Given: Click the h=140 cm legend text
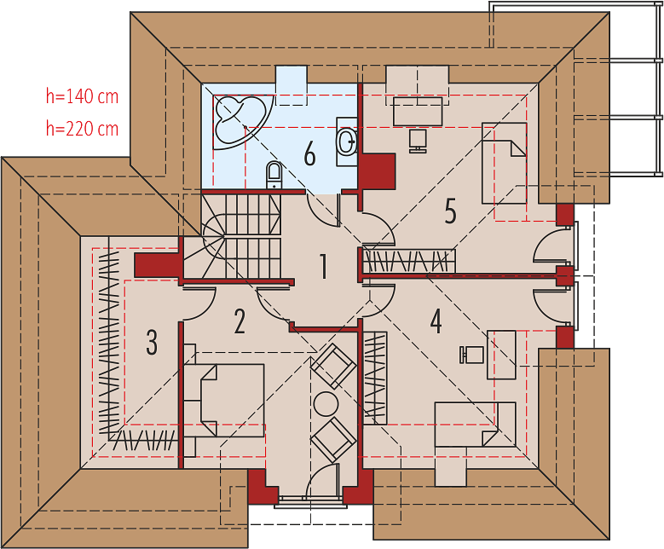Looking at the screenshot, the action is tap(82, 96).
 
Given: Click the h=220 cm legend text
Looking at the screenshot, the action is tap(82, 128).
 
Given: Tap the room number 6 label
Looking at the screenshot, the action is tap(310, 153).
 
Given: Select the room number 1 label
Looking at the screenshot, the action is tap(324, 267).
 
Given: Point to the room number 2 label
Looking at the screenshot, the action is tap(240, 321).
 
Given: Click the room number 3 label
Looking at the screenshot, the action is tap(152, 343).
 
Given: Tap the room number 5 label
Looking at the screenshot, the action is tap(451, 211).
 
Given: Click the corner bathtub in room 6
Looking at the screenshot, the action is tap(240, 122).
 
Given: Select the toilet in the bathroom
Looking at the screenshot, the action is tap(274, 175).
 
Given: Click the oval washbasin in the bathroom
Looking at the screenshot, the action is tap(347, 141).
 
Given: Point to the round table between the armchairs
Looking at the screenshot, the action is tap(326, 403).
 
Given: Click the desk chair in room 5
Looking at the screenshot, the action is tap(418, 141).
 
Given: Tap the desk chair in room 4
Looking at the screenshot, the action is tap(471, 355).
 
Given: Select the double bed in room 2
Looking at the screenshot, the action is tap(224, 401).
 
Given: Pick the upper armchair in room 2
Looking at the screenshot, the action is tap(333, 366).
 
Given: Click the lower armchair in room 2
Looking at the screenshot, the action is tap(333, 439).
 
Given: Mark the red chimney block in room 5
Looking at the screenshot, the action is tap(377, 171).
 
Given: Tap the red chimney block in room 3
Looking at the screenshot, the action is tap(157, 266).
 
